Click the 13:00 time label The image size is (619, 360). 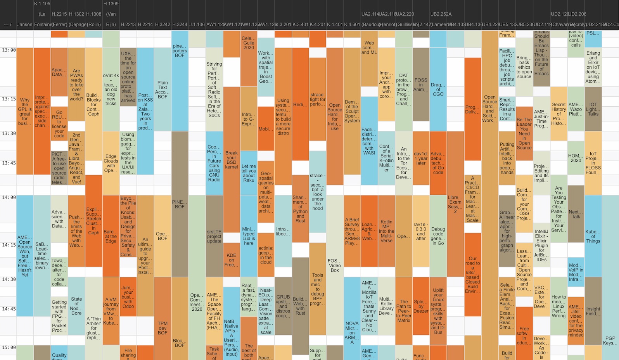click(x=9, y=50)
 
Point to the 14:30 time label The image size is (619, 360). click(x=9, y=279)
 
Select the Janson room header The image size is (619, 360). click(x=25, y=24)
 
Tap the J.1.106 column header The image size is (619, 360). click(x=197, y=24)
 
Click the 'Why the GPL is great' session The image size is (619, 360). click(x=25, y=111)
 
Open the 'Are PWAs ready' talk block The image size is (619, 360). click(x=76, y=85)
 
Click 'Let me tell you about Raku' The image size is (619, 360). click(x=249, y=173)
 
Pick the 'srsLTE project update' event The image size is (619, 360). click(x=214, y=236)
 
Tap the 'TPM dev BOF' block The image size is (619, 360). click(x=163, y=328)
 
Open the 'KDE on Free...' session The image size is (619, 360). click(x=232, y=260)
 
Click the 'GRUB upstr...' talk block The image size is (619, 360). click(x=283, y=306)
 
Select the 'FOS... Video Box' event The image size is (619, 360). click(x=335, y=265)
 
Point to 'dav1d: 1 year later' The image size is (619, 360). click(x=421, y=158)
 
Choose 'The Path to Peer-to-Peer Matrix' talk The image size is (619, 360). click(x=404, y=311)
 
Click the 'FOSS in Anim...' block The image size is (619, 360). click(x=421, y=85)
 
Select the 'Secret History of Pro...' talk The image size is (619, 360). click(x=559, y=114)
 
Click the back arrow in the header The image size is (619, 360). click(x=7, y=24)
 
